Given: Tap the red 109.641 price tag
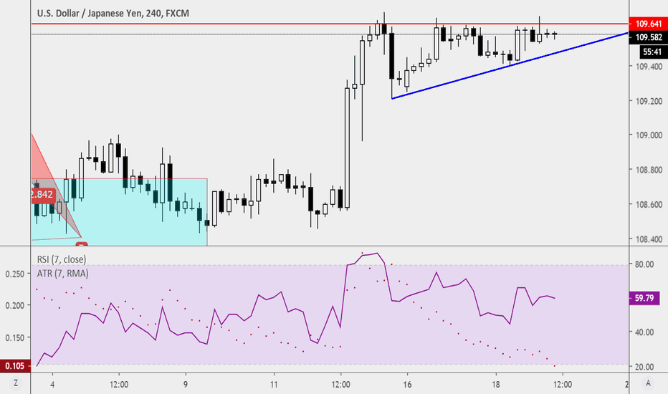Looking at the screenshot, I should point(647,24).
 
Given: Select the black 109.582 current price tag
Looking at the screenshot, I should point(647,37).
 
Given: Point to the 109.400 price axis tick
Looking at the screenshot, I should point(647,67).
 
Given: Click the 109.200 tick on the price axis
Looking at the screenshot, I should point(647,102).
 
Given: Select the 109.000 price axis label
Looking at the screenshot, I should point(647,136).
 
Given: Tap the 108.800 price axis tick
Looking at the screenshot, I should point(647,170).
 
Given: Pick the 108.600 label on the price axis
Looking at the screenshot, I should point(647,205).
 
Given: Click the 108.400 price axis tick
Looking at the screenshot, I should point(647,239).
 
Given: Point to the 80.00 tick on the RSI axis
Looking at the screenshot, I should point(642,264).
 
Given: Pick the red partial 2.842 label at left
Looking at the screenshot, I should point(43,194).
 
